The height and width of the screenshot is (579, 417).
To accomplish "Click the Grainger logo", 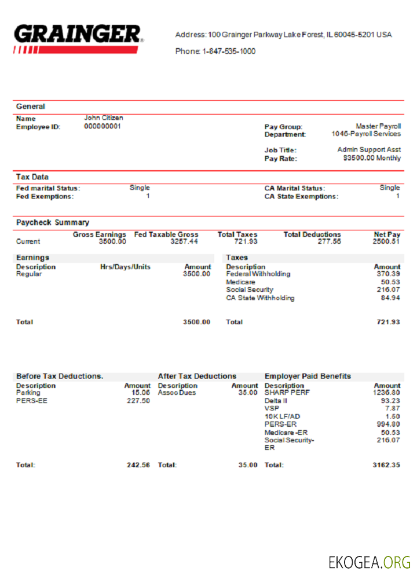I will click(77, 38).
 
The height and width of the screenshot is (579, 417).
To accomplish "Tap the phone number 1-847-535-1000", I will click(229, 52).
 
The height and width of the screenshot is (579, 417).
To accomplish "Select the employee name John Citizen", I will click(104, 118).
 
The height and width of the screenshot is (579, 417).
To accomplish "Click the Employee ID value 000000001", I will click(103, 126).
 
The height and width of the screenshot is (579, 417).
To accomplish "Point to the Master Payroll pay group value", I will click(378, 126).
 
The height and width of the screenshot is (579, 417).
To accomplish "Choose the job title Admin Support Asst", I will click(369, 150).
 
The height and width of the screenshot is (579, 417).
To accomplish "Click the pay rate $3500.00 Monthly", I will click(371, 158).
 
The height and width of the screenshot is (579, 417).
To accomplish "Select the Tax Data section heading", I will click(32, 177).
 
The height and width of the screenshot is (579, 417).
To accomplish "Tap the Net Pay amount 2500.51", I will click(386, 241).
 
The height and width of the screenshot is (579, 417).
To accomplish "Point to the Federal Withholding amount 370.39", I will click(388, 274).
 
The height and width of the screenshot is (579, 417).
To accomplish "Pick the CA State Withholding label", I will click(260, 298).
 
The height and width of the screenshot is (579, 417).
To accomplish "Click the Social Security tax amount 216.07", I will click(388, 289).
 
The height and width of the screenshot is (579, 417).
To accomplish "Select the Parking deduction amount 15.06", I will click(141, 393).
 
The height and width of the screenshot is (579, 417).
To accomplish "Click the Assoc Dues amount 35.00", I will click(248, 393).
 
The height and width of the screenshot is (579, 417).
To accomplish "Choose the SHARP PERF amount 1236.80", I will click(387, 393).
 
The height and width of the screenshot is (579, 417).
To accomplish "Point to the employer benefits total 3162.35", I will click(387, 465).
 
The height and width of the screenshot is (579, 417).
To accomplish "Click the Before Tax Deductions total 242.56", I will click(138, 465).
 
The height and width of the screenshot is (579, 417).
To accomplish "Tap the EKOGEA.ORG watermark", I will click(370, 562).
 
